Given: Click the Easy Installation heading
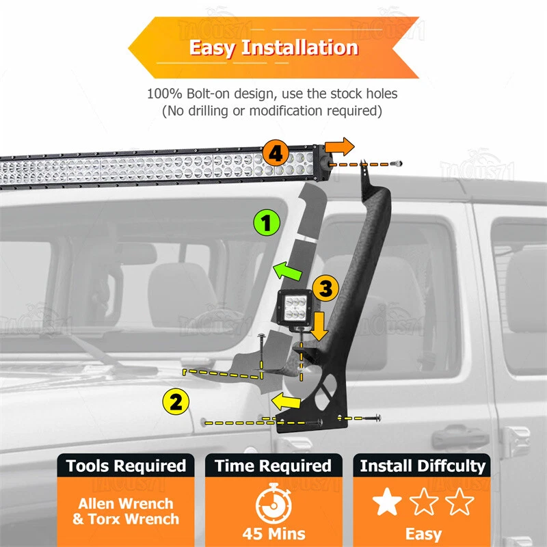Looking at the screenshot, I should pyautogui.click(x=273, y=48).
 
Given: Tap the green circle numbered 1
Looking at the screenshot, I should pyautogui.click(x=267, y=224).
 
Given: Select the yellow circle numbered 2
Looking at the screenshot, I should pyautogui.click(x=176, y=401).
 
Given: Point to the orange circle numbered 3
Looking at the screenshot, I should pyautogui.click(x=325, y=289).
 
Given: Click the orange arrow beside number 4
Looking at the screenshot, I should pyautogui.click(x=339, y=146).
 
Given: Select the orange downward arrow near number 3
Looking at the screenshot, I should pyautogui.click(x=319, y=330).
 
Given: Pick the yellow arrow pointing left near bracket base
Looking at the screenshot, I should pyautogui.click(x=287, y=400).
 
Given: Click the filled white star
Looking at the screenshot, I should pyautogui.click(x=387, y=503).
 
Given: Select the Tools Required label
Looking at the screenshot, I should pyautogui.click(x=126, y=466).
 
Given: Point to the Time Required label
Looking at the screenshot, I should pyautogui.click(x=273, y=466).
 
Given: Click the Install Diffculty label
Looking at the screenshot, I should pyautogui.click(x=422, y=466).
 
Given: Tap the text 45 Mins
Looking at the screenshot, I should pyautogui.click(x=273, y=533).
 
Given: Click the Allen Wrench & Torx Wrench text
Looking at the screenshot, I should pyautogui.click(x=126, y=511).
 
